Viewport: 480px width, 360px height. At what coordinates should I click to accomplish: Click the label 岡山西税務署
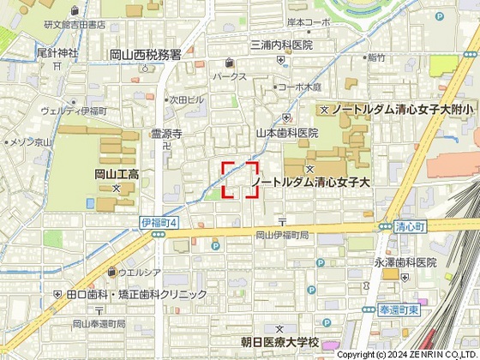point(146,55)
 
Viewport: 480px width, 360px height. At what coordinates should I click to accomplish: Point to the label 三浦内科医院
point(281,45)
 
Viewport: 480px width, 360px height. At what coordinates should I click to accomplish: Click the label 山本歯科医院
point(287,133)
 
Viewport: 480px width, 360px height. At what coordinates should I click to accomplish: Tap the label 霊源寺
point(167,134)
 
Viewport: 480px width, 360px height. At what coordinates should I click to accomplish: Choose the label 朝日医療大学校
point(279,342)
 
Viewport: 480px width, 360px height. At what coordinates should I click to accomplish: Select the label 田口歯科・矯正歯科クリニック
point(138,294)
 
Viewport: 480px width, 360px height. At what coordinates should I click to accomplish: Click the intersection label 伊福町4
point(159,223)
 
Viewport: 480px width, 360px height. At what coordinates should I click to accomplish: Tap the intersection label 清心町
point(411,227)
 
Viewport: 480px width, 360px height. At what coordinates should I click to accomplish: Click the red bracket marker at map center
point(241,180)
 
